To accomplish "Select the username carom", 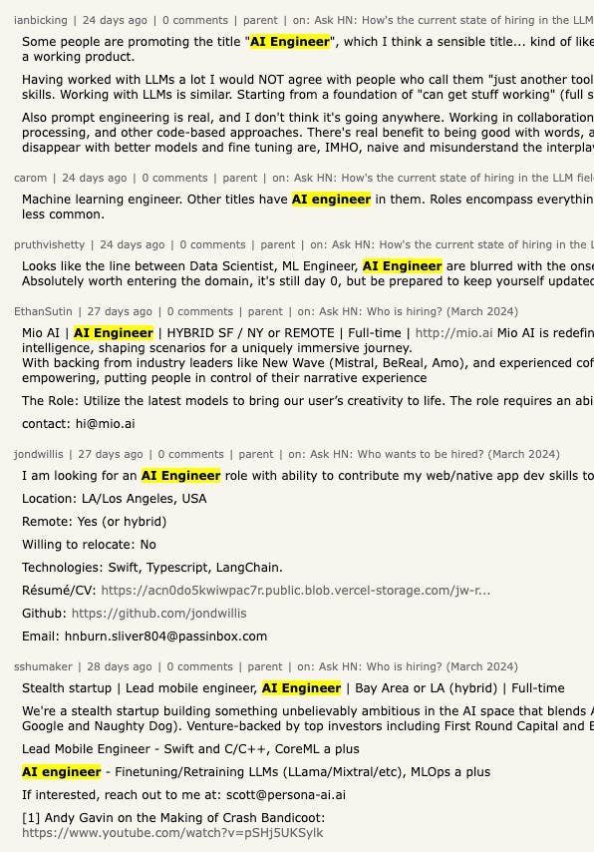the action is pos(30,178).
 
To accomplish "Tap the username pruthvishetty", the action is pos(50,244).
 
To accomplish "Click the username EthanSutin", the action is pos(43,311).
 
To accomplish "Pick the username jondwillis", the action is pos(39,454).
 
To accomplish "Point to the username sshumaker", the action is pos(43,666).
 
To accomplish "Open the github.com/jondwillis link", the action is pos(158,614).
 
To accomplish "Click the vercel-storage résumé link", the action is pos(295,591).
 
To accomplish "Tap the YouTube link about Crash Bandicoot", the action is pos(172,833).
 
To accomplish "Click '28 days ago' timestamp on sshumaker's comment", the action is pos(120,666).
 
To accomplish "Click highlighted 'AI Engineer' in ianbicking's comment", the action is pos(290,42).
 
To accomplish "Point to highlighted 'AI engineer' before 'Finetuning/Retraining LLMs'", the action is pos(62,772).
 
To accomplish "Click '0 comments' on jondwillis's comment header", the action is pos(195,454).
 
